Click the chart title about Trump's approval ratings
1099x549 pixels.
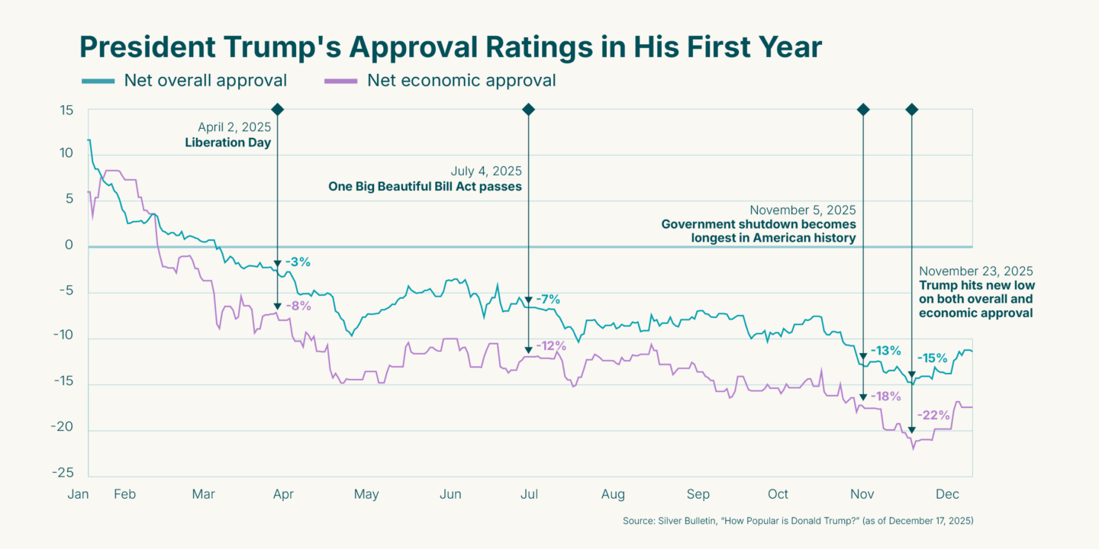click(x=450, y=47)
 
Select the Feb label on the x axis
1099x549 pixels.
click(x=124, y=494)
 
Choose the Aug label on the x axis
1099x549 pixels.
click(x=613, y=494)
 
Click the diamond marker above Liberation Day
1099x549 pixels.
click(x=277, y=110)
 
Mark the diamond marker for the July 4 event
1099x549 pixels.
click(x=528, y=110)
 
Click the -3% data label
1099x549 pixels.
click(x=298, y=262)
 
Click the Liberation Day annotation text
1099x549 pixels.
click(x=228, y=143)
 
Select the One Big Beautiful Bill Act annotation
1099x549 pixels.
click(x=425, y=186)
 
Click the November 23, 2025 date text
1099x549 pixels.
click(x=975, y=271)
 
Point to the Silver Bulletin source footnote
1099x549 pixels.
click(x=798, y=521)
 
